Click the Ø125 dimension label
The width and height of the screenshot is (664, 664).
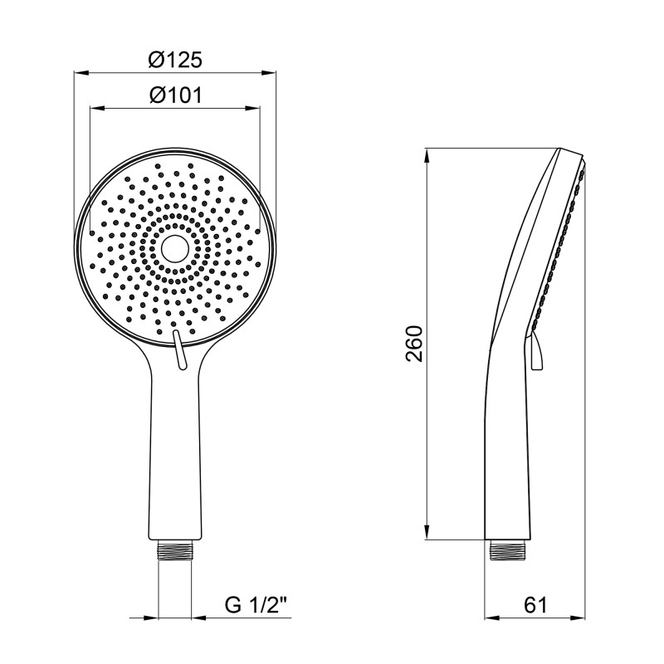click(x=175, y=60)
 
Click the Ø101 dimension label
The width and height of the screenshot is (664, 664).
click(x=175, y=95)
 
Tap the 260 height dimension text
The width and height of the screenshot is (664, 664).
click(x=415, y=344)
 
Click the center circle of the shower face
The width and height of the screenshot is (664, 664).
click(x=174, y=247)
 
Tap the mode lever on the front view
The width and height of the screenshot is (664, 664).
click(x=178, y=346)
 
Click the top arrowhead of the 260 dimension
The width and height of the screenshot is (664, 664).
click(x=427, y=154)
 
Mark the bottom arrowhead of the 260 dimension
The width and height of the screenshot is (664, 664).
click(x=427, y=534)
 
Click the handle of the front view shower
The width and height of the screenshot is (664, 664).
click(x=174, y=456)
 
